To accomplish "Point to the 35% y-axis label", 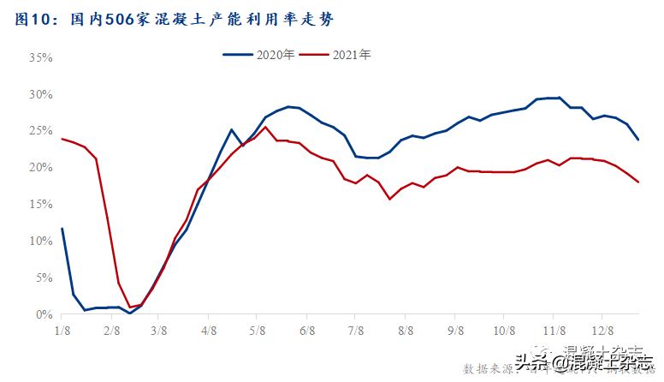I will pos(41,57).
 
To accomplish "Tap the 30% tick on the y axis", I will pos(41,94).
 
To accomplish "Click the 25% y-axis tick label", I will pos(41,131).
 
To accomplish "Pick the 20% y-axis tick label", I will pos(41,168).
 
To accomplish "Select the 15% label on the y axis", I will pos(41,205).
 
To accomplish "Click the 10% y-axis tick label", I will pos(41,242).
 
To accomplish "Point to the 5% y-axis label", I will pos(44,278).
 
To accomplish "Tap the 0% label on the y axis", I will pos(44,315).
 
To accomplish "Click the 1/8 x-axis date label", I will pos(62,329).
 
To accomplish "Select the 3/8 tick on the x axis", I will pos(159,329).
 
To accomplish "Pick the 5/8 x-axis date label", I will pos(258,329).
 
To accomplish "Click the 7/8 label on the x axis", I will pos(356,329).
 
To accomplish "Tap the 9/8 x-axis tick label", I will pos(455,329).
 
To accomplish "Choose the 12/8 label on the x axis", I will pos(604,329).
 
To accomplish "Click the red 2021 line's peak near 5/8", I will pos(265,127).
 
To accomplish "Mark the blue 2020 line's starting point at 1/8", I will pos(62,229).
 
